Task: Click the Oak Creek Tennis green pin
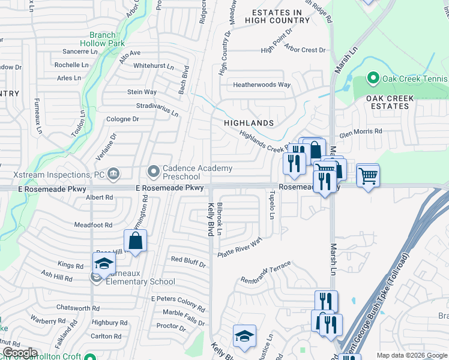(373, 78)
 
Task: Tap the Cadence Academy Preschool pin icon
(154, 172)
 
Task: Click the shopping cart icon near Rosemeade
(367, 176)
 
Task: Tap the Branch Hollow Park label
(102, 39)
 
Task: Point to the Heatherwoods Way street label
(262, 85)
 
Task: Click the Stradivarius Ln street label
(157, 107)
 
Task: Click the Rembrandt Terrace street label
(265, 272)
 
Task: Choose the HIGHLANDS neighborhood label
(249, 123)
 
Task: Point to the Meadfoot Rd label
(93, 225)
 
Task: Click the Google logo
(19, 353)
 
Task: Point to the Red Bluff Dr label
(188, 261)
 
